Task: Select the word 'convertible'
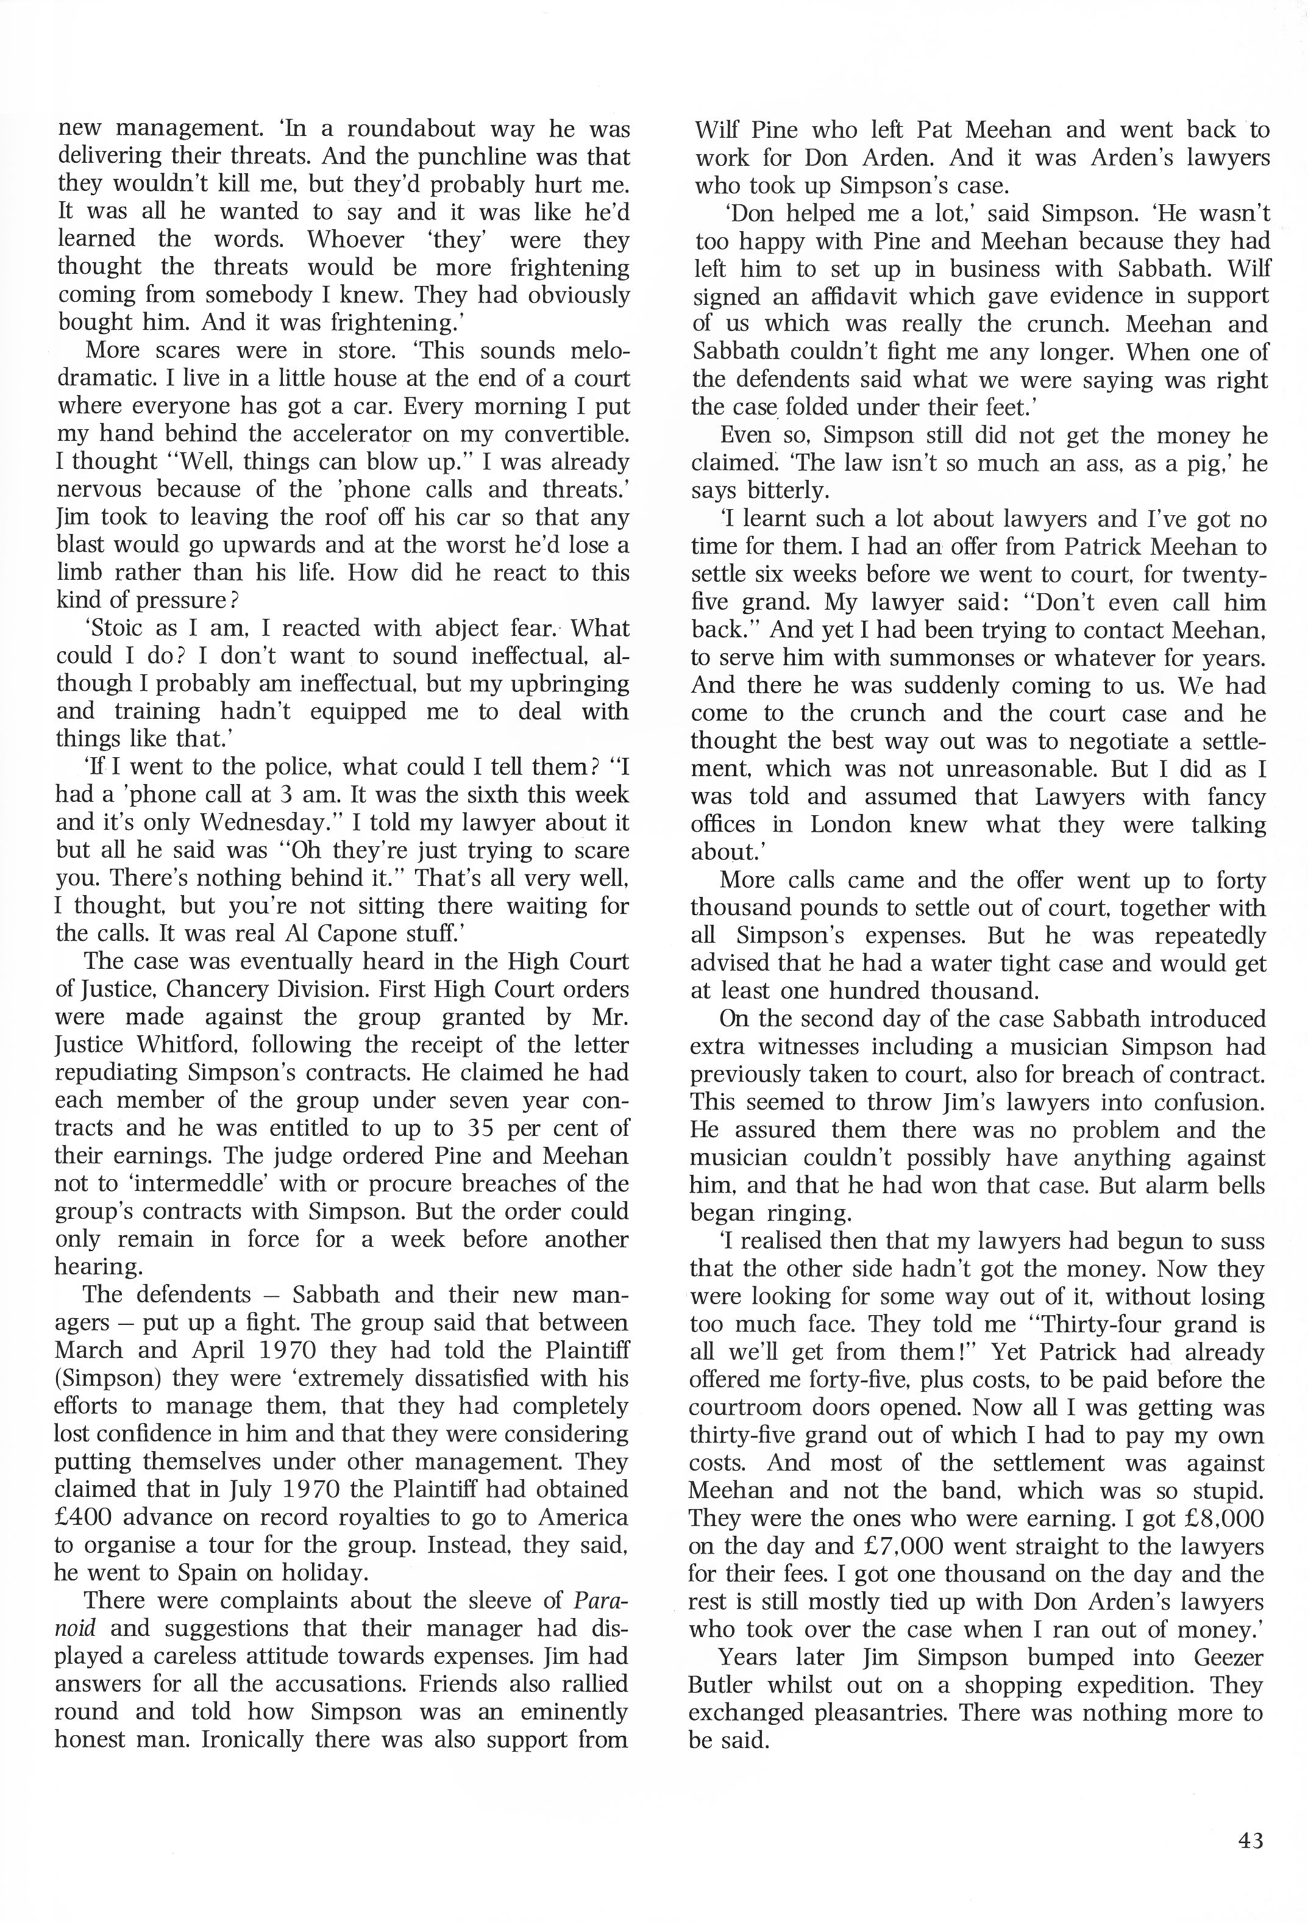pyautogui.click(x=560, y=433)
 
